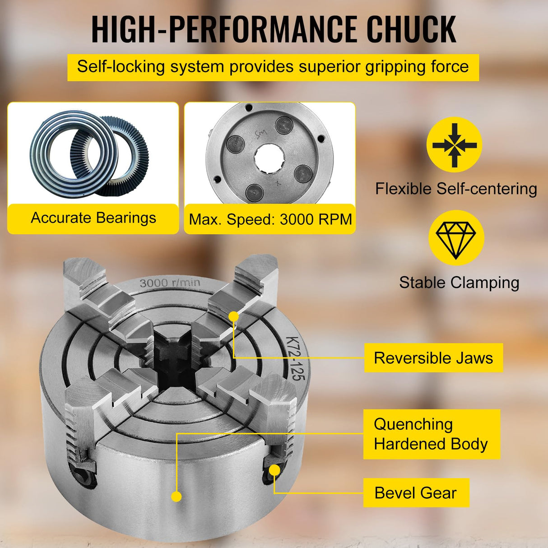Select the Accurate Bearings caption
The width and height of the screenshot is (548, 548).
(93, 218)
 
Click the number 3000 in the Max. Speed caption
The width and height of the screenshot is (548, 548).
(297, 219)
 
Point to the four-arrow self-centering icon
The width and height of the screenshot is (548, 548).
(454, 145)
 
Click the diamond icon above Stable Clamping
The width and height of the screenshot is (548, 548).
(456, 237)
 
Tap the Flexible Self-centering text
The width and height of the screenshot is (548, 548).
(456, 189)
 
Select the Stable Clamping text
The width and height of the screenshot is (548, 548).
(459, 283)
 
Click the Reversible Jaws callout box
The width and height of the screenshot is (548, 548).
(433, 358)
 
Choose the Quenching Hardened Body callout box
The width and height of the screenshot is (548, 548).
(431, 434)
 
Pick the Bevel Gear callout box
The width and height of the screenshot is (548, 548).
(416, 493)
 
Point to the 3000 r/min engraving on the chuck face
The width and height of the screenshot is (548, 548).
(170, 283)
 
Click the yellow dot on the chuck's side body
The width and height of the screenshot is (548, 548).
(177, 497)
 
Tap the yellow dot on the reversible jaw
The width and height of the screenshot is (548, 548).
(233, 316)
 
